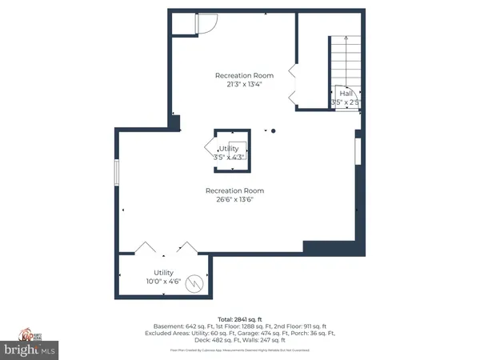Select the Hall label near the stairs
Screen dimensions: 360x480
(346, 94)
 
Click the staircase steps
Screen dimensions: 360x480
(342, 61)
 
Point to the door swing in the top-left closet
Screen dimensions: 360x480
(205, 24)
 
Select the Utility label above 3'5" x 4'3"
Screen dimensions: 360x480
(228, 149)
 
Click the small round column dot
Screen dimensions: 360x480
(274, 130)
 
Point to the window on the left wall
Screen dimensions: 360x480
(118, 172)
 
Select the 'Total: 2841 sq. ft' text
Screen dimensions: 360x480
(239, 319)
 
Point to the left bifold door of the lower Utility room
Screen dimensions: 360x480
(146, 247)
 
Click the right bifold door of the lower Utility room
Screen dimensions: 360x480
(186, 247)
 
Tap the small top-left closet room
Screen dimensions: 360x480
(185, 24)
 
